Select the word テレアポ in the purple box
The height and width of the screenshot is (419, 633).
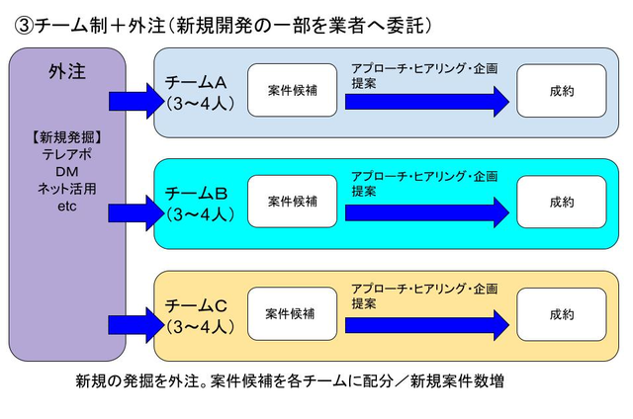pyautogui.click(x=66, y=154)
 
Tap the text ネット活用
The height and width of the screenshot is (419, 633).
pyautogui.click(x=66, y=189)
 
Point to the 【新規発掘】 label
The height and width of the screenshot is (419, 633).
pyautogui.click(x=66, y=137)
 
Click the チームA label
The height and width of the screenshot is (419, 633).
pyautogui.click(x=199, y=83)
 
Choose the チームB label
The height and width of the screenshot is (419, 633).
pyautogui.click(x=199, y=194)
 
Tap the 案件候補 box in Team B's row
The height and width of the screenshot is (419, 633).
pyautogui.click(x=292, y=202)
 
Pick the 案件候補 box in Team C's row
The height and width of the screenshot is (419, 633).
pyautogui.click(x=292, y=314)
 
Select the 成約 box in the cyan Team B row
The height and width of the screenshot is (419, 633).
pyautogui.click(x=561, y=202)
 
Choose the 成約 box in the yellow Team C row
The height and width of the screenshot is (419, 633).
pyautogui.click(x=561, y=314)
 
